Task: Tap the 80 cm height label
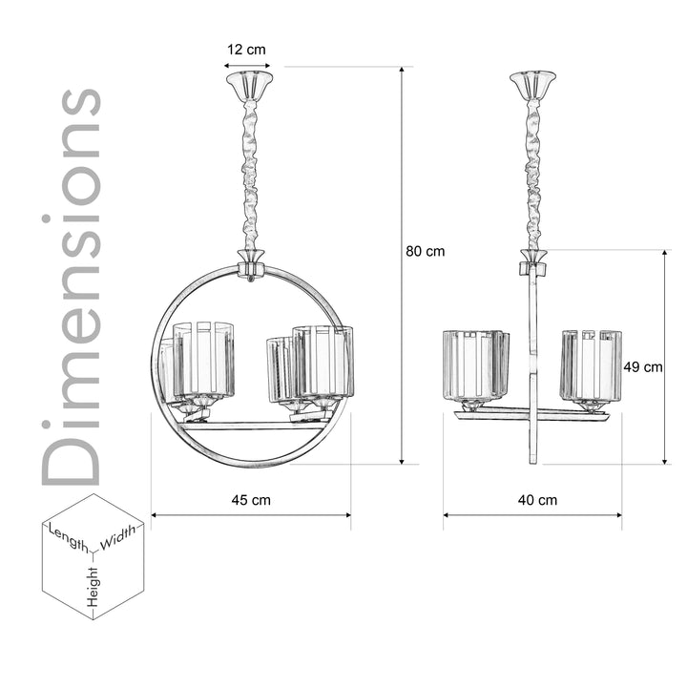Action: point(425,252)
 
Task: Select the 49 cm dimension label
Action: point(643,366)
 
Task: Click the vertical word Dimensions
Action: point(72,286)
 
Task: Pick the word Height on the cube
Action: point(94,585)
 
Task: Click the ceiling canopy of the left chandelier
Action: point(248,82)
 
